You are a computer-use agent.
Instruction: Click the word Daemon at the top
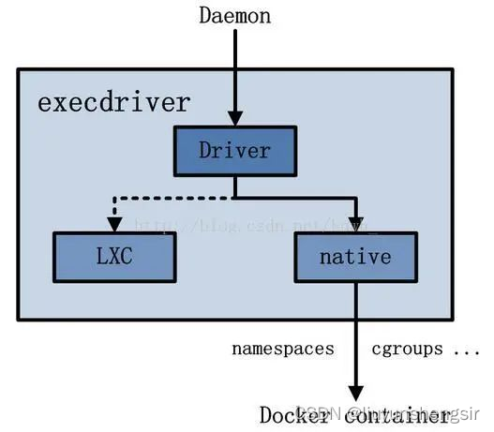coord(234,15)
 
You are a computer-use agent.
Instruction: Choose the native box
coord(355,256)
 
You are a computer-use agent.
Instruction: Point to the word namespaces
coord(283,349)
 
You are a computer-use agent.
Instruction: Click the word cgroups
coord(406,349)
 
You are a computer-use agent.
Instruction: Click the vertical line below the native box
coord(355,319)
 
